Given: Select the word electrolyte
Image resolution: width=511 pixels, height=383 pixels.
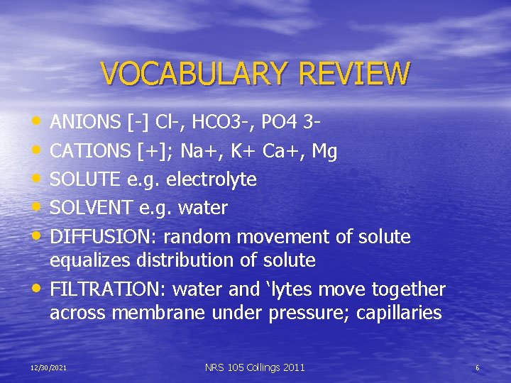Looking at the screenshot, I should [x=211, y=179].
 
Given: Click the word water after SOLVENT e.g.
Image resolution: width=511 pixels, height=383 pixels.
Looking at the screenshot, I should [x=203, y=208].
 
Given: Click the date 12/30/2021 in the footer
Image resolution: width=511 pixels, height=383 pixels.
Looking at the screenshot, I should [x=48, y=367].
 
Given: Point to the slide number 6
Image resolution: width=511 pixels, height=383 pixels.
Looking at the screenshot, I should [x=477, y=367].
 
